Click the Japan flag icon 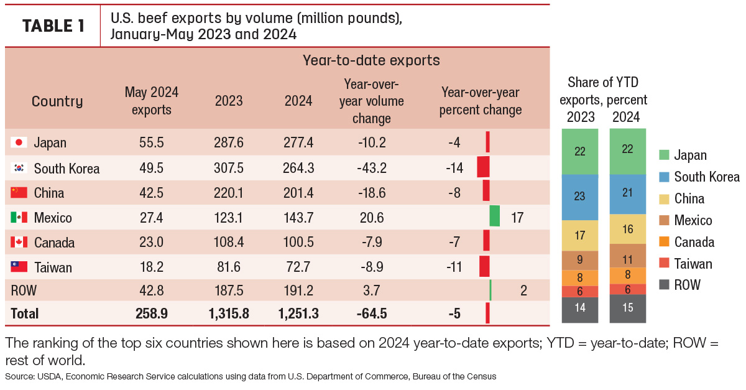click(19, 142)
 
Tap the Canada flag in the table click(19, 242)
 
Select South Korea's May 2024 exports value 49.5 click(152, 168)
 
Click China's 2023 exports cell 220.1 click(229, 193)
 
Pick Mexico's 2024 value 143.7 click(298, 218)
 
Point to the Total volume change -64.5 click(372, 313)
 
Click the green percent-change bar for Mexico click(495, 216)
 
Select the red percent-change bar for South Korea click(483, 167)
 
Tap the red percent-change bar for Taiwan click(484, 266)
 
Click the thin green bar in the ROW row click(490, 290)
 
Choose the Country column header click(57, 101)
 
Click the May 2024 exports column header click(152, 101)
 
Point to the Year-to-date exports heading click(371, 60)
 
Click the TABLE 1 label click(53, 26)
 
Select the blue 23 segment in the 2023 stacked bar click(580, 197)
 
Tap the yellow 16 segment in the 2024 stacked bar click(628, 229)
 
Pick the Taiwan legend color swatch click(664, 263)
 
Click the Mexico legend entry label click(693, 220)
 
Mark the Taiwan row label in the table click(53, 267)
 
